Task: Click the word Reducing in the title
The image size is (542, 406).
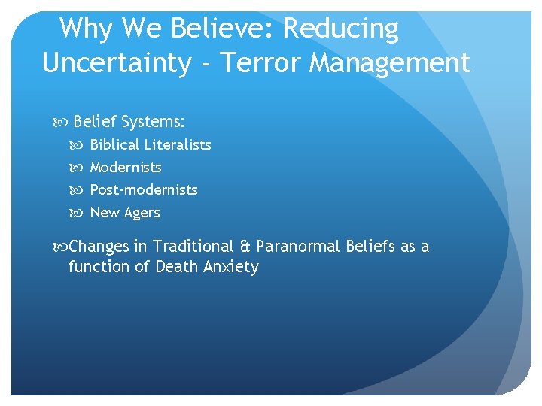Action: pos(340,29)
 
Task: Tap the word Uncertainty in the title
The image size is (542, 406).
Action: pos(117,63)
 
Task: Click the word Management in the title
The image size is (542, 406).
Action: pos(389,63)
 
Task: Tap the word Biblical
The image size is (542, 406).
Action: pos(115,144)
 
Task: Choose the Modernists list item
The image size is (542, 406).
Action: pos(126,167)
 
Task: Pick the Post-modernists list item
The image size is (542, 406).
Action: pos(144,189)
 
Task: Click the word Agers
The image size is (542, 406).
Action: pos(143,213)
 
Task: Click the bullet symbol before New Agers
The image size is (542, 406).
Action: pos(81,213)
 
